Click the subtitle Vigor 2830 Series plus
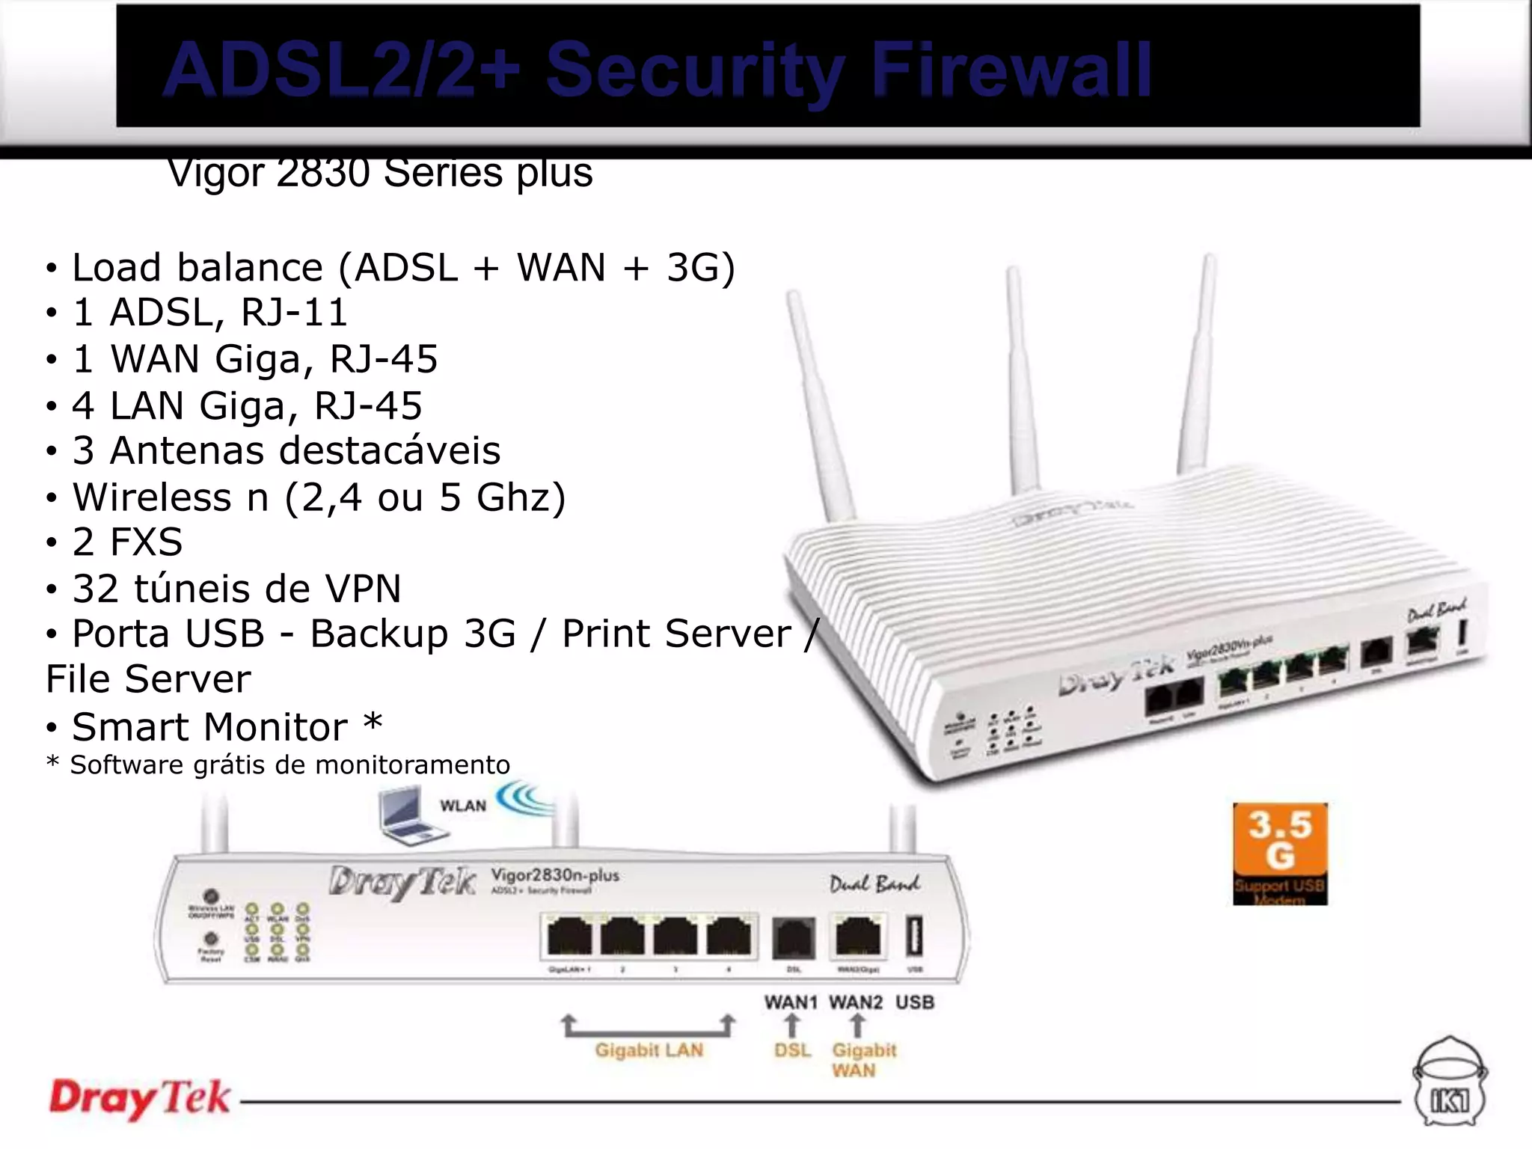[380, 173]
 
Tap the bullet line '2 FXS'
[127, 542]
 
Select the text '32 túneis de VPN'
[236, 588]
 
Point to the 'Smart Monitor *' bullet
[227, 726]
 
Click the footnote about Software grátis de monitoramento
[278, 765]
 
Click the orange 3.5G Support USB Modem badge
[1280, 853]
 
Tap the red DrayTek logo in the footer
[140, 1098]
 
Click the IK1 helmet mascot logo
[1450, 1082]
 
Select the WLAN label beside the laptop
[463, 806]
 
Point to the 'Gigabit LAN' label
[649, 1050]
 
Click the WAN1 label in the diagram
[791, 1002]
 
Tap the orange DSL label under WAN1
[792, 1050]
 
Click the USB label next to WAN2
[914, 1002]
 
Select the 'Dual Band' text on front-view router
[874, 884]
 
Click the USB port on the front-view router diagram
[914, 936]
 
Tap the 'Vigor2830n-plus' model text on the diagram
[554, 874]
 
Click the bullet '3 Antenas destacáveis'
[286, 450]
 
